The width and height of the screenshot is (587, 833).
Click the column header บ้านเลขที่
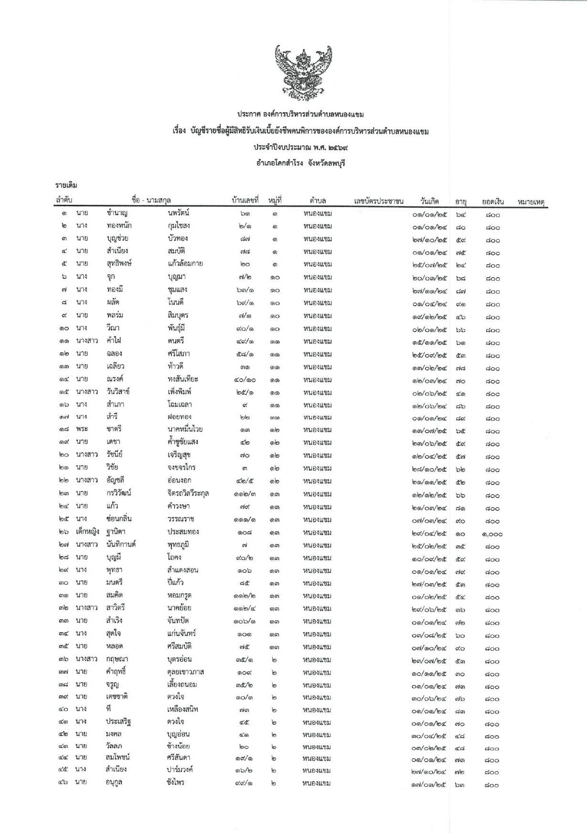pos(245,201)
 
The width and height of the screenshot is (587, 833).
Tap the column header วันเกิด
pos(430,201)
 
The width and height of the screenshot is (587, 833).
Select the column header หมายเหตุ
pos(531,202)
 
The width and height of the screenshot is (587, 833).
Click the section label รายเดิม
pos(66,185)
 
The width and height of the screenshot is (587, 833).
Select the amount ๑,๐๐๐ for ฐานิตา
pos(492,534)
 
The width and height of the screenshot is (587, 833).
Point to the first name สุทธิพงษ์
pos(119,263)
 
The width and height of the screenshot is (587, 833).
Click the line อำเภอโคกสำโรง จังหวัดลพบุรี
pos(300,163)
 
